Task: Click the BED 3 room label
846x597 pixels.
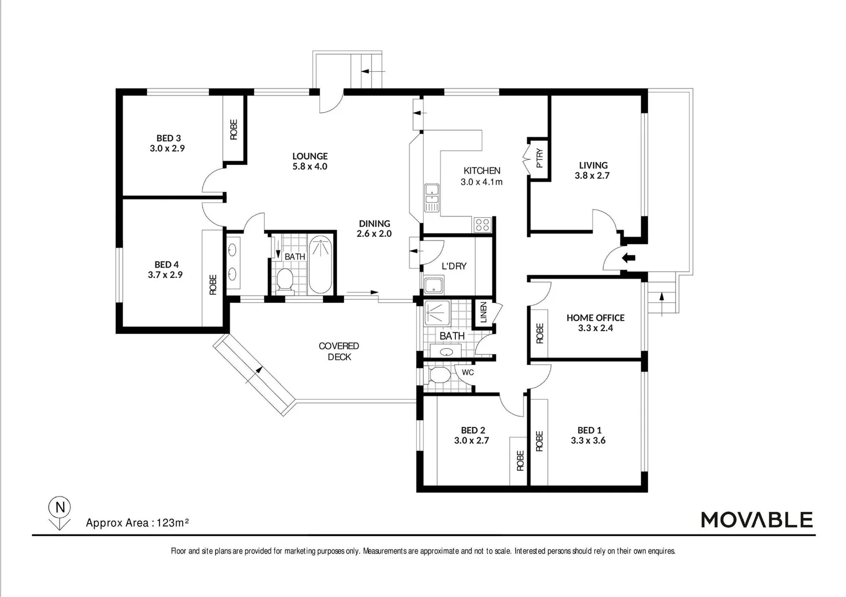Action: click(x=168, y=138)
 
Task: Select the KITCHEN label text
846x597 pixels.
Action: click(x=481, y=171)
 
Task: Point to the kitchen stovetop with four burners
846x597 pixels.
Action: click(x=482, y=224)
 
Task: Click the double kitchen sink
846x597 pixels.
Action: click(x=432, y=198)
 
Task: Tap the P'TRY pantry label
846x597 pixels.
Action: click(x=539, y=159)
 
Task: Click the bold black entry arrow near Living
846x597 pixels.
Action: click(x=628, y=258)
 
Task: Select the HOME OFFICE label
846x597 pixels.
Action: click(x=595, y=318)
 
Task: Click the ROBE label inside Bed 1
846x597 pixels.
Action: click(x=539, y=441)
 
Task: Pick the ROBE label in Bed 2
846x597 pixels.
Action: click(x=520, y=460)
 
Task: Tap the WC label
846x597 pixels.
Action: click(x=468, y=373)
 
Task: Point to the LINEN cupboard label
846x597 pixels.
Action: click(x=484, y=312)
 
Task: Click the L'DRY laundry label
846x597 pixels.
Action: click(x=454, y=266)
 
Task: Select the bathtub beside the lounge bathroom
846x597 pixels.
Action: click(x=320, y=265)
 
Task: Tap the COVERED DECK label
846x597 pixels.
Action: click(x=339, y=352)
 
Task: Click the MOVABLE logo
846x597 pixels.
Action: click(x=756, y=520)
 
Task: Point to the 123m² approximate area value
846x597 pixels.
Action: click(x=173, y=522)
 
